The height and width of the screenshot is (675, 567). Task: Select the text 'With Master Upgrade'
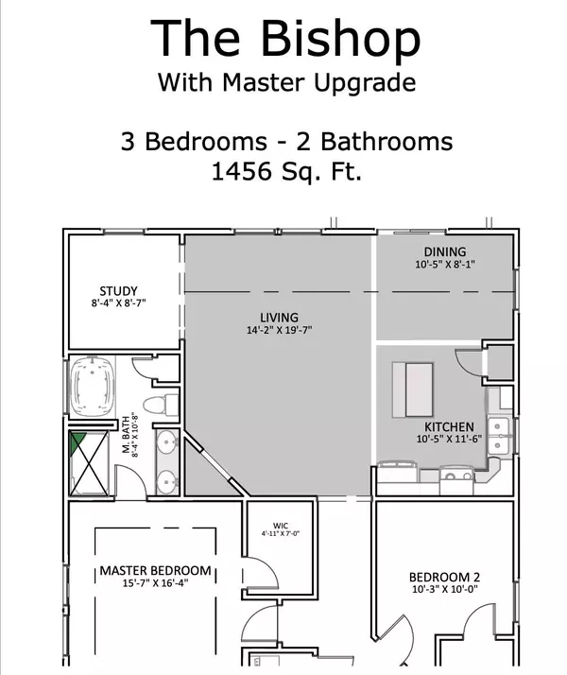tap(285, 82)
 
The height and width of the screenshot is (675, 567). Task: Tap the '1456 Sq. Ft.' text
tap(285, 173)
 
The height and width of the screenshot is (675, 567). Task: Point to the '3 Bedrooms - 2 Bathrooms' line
tap(285, 142)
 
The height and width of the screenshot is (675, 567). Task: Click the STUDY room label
tap(119, 290)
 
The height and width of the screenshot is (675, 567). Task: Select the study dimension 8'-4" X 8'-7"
tap(119, 303)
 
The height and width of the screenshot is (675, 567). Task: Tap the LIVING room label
tap(279, 317)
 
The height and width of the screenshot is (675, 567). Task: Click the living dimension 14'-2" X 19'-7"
tap(279, 330)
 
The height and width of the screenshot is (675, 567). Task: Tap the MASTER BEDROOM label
tap(156, 572)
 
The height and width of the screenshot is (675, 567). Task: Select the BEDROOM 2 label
tap(445, 578)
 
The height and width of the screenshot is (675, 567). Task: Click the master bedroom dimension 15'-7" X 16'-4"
tap(156, 586)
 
